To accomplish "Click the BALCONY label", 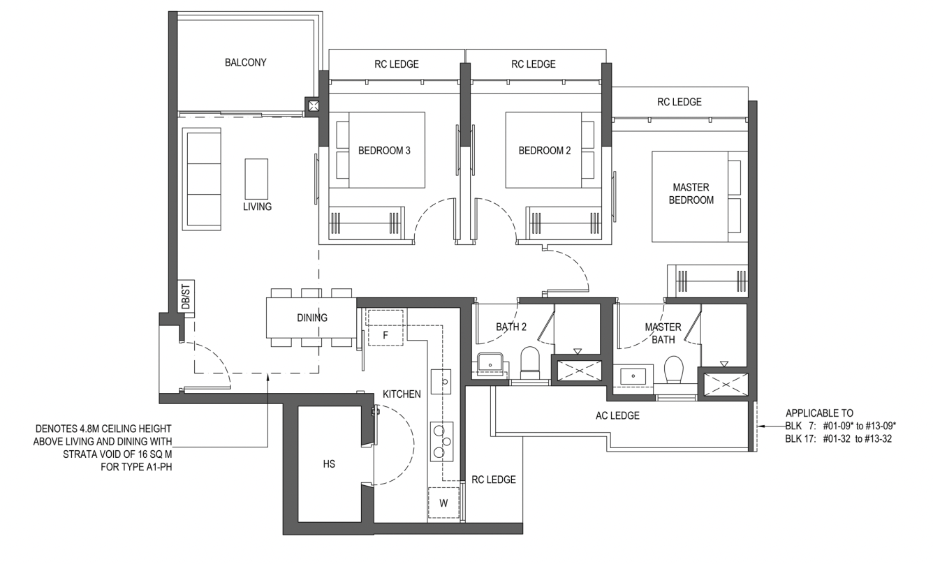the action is point(245,62).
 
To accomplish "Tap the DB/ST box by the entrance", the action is point(186,296).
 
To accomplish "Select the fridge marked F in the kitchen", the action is point(385,327).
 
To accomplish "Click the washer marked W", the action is point(443,503).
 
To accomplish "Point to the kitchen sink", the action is point(441,381).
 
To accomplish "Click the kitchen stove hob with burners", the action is point(441,442).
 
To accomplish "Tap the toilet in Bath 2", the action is point(530,363).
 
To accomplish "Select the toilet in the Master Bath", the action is point(673,370).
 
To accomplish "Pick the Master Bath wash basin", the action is point(633,376).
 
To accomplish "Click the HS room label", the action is point(329,463).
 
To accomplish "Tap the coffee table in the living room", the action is point(256,179).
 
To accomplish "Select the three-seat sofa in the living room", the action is point(202,179).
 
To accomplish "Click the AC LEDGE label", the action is point(617,415).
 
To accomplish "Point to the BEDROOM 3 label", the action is point(384,150).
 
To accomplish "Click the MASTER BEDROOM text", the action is point(691,193).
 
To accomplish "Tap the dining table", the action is point(311,318).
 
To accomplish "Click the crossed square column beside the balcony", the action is point(314,105).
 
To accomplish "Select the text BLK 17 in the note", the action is point(800,439).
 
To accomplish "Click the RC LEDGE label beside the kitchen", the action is point(494,480).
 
